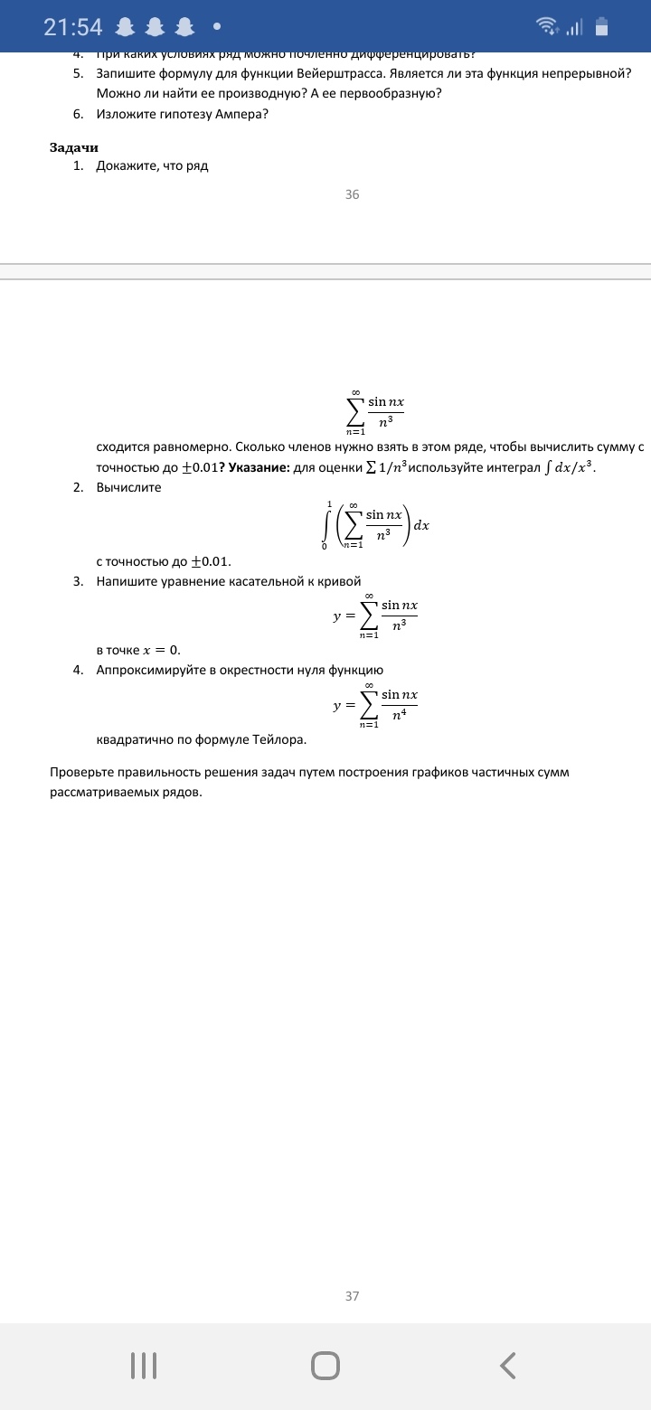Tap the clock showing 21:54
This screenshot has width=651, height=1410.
(73, 27)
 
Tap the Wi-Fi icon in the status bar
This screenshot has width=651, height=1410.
(547, 27)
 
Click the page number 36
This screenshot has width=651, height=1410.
(352, 194)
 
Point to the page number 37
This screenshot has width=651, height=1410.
(352, 1295)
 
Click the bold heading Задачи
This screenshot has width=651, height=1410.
(74, 147)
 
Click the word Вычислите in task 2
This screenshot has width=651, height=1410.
(128, 486)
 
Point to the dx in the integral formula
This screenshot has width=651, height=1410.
(421, 524)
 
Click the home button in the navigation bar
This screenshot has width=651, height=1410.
(325, 1366)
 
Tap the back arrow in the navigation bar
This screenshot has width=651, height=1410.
(508, 1366)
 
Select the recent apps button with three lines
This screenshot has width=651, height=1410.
(144, 1366)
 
